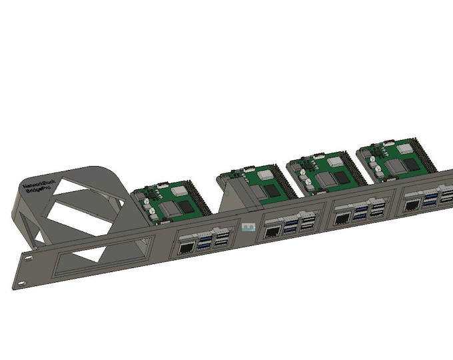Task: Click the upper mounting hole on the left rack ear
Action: click(x=30, y=255)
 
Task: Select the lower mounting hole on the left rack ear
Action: click(x=21, y=283)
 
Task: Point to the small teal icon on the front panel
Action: click(x=249, y=228)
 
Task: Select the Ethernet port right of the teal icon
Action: click(x=273, y=233)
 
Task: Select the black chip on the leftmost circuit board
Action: click(x=191, y=207)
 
